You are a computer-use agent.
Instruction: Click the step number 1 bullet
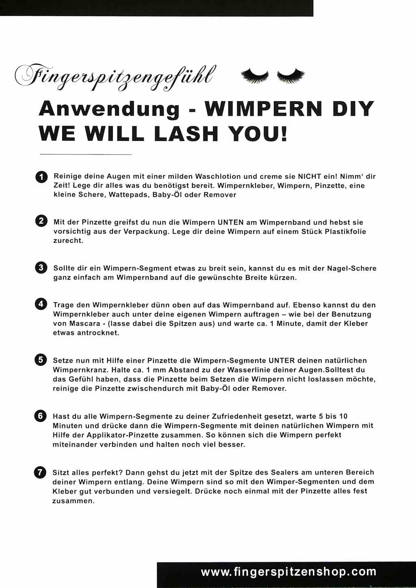point(41,177)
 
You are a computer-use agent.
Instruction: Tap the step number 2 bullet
point(41,221)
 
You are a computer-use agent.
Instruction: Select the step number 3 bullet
point(41,267)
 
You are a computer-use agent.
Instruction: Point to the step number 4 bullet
point(41,304)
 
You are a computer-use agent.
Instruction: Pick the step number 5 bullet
point(41,360)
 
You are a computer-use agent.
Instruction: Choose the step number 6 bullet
point(40,416)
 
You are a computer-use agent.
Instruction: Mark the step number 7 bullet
point(40,472)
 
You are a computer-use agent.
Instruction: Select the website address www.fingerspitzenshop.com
point(288,572)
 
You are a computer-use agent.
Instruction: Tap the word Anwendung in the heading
point(109,109)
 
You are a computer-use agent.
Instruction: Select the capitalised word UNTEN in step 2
point(230,222)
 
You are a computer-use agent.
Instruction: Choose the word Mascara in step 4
point(85,323)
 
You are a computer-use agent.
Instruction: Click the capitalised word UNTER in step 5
point(282,360)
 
